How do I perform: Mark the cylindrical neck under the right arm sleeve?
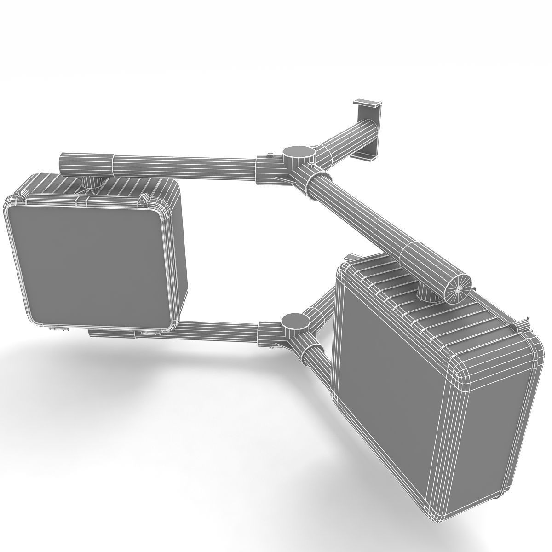click(428, 293)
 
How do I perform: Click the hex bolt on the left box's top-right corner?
click(144, 198)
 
